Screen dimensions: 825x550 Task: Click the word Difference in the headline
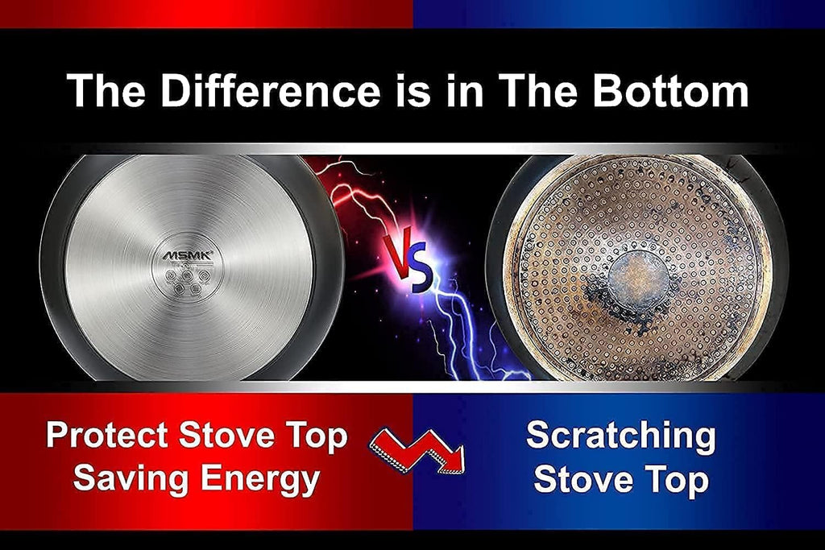click(270, 90)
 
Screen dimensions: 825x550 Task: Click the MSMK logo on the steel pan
click(187, 255)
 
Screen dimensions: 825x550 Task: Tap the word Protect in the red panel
click(107, 436)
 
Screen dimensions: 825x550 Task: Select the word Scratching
click(620, 436)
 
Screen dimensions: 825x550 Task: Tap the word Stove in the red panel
click(228, 436)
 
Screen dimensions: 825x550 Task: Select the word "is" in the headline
click(412, 90)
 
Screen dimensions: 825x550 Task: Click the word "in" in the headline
click(464, 90)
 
